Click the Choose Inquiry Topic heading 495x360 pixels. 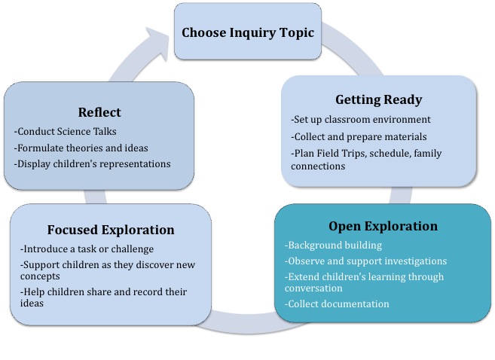[247, 33]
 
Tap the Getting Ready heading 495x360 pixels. [378, 99]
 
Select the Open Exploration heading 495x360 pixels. [383, 226]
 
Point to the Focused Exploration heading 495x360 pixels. [111, 230]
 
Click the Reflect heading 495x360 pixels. [99, 112]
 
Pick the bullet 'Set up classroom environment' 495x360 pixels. [361, 120]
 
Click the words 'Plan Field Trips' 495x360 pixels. [324, 154]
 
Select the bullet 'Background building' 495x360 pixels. [335, 246]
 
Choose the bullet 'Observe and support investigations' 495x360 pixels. [365, 261]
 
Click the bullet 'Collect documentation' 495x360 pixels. [337, 304]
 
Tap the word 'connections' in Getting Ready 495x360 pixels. [318, 166]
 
